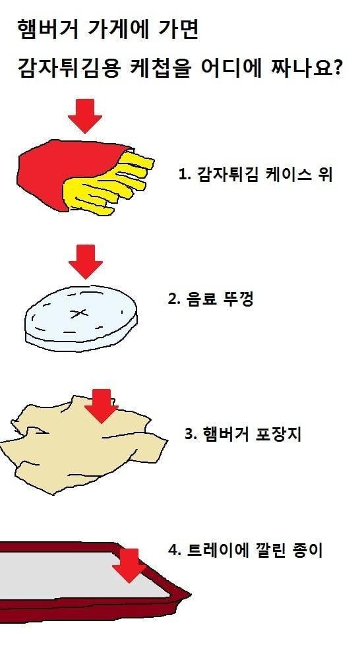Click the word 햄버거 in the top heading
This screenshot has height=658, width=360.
pyautogui.click(x=48, y=30)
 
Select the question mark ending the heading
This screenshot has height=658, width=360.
pyautogui.click(x=334, y=69)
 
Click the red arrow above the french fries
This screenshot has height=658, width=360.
pyautogui.click(x=85, y=116)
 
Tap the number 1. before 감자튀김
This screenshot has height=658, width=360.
pyautogui.click(x=183, y=174)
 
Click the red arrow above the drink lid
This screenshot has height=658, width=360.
pyautogui.click(x=86, y=262)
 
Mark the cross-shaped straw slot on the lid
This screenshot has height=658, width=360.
pyautogui.click(x=78, y=313)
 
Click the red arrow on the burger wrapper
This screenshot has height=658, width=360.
pyautogui.click(x=101, y=406)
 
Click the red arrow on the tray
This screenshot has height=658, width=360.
pyautogui.click(x=129, y=565)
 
